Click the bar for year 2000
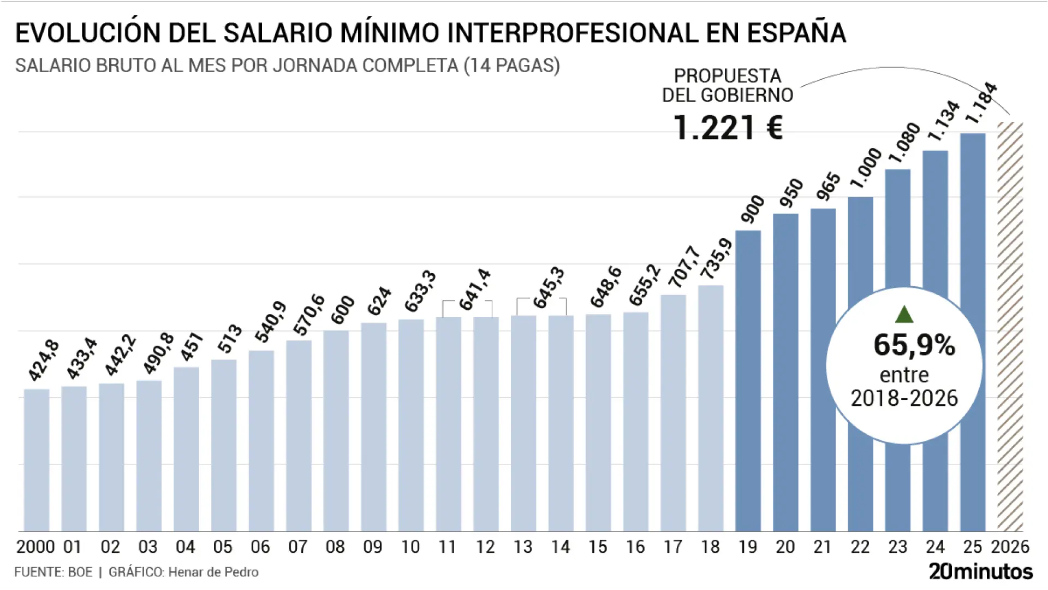[x=37, y=460]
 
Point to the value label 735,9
[x=716, y=259]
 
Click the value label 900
[x=753, y=209]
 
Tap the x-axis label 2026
[x=1010, y=547]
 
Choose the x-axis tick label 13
[x=523, y=547]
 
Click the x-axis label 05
[x=223, y=547]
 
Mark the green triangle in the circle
[x=904, y=315]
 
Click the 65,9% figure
[x=914, y=345]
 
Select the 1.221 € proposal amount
[x=728, y=128]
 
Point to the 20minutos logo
[x=981, y=571]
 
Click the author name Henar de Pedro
[x=213, y=572]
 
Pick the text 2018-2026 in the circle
[x=904, y=398]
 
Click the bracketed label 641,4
[x=475, y=290]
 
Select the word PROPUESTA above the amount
[x=728, y=76]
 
